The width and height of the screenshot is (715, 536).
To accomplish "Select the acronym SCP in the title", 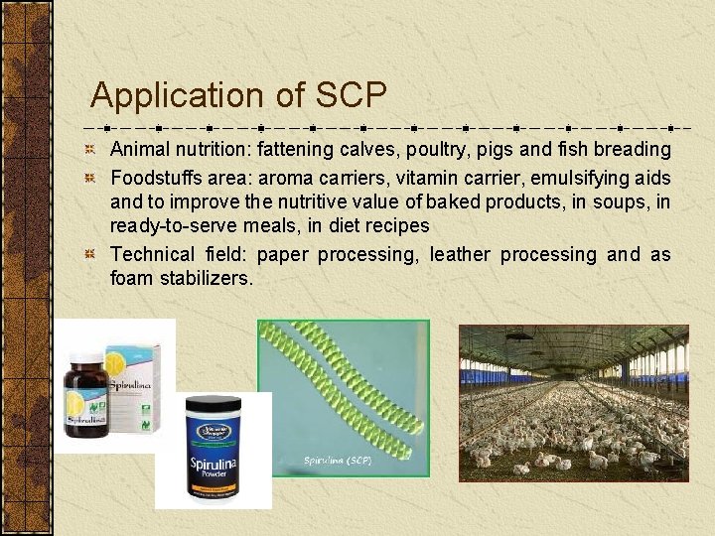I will point(352,95).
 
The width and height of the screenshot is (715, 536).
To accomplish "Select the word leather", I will point(460,255).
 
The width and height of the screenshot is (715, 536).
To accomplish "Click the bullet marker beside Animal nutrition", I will point(90,150).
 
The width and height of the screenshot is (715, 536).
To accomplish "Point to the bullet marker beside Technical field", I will point(90,255).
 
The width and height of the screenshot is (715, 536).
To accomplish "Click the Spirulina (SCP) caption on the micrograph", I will point(339,462).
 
